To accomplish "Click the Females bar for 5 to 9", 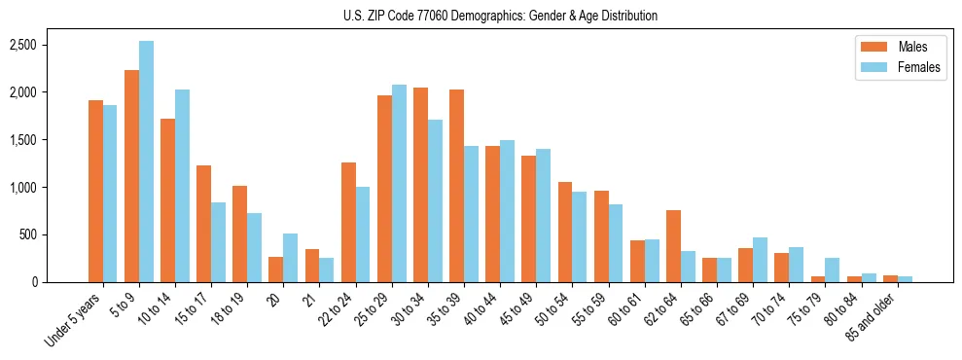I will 146,162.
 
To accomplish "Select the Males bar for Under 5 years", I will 95,191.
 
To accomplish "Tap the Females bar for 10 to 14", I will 182,186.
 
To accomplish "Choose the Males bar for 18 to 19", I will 239,234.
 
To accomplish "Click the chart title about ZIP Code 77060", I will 500,16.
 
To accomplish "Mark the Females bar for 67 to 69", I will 760,260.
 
